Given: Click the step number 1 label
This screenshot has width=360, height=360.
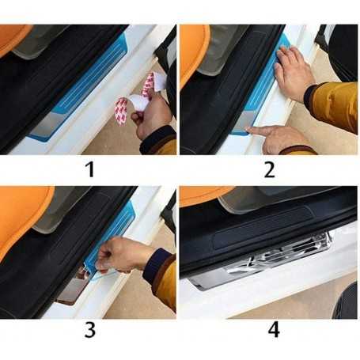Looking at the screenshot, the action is [x=90, y=169].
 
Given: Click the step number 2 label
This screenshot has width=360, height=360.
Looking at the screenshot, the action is [x=270, y=169].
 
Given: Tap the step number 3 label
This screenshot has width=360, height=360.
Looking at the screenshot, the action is [x=90, y=330].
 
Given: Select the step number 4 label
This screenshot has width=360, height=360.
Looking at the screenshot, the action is [x=274, y=330].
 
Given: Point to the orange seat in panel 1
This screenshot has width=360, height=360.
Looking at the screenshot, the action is [x=13, y=37].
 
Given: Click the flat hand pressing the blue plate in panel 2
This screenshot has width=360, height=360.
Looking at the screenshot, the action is [x=293, y=74].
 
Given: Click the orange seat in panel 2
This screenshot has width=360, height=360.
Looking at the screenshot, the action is [x=194, y=53].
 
